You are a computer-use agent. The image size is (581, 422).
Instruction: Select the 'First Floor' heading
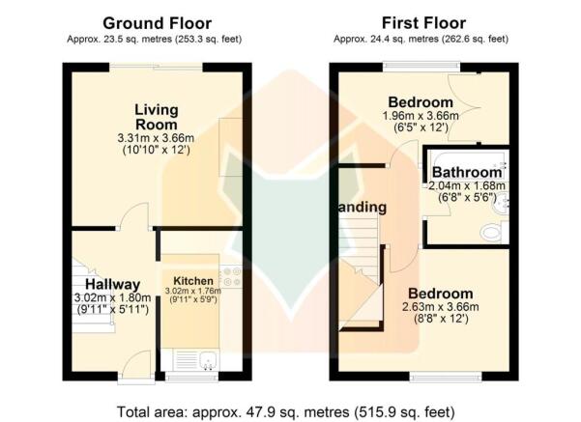tap(423, 22)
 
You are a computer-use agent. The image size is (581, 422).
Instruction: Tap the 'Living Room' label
tap(156, 117)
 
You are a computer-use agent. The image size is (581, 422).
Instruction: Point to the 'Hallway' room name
tap(112, 284)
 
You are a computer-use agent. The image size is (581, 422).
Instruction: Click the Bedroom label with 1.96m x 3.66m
tap(421, 102)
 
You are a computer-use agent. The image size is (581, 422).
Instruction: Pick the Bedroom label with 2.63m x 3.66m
tap(440, 294)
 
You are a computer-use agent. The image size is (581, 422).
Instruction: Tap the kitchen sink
tap(206, 361)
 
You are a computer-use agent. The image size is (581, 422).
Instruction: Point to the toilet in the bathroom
tap(491, 230)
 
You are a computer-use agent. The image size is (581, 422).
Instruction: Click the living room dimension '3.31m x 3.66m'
tap(156, 138)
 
